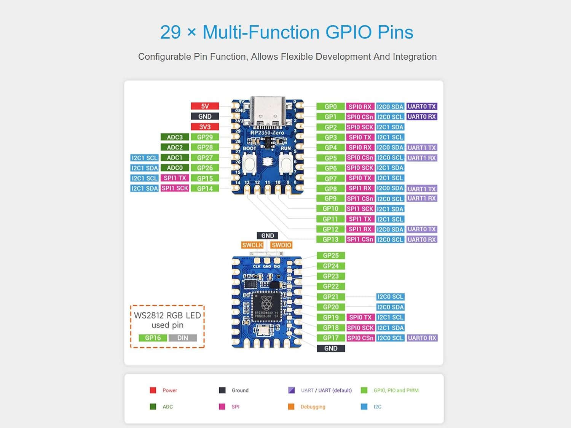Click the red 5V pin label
(205, 106)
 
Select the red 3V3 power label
(205, 127)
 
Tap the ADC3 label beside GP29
(175, 137)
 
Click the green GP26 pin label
(205, 168)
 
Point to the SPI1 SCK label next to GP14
(175, 188)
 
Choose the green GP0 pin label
(330, 107)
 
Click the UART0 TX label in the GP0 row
(421, 107)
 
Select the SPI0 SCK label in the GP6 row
(360, 168)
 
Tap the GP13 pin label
(330, 239)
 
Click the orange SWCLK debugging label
(252, 245)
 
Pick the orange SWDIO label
(281, 245)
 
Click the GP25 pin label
(330, 256)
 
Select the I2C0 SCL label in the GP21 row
(390, 297)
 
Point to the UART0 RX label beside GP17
(422, 338)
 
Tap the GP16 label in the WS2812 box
(153, 338)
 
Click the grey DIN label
(183, 338)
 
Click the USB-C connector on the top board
(268, 110)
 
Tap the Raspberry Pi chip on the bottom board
(266, 305)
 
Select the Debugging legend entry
(313, 407)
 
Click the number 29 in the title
(170, 32)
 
